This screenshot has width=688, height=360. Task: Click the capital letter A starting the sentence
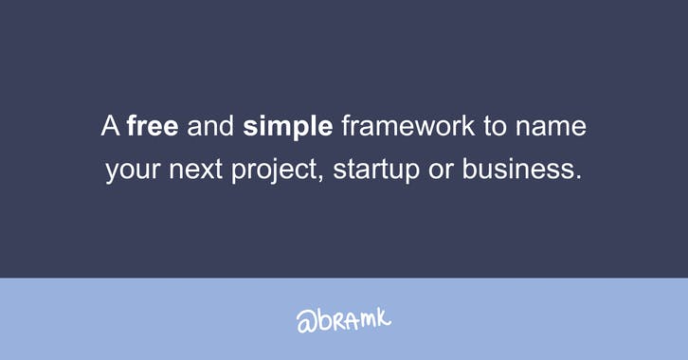tap(110, 127)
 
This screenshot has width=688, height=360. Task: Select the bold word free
tap(153, 127)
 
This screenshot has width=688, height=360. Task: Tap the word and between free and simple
tap(210, 127)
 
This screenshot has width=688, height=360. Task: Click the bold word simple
tap(288, 127)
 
